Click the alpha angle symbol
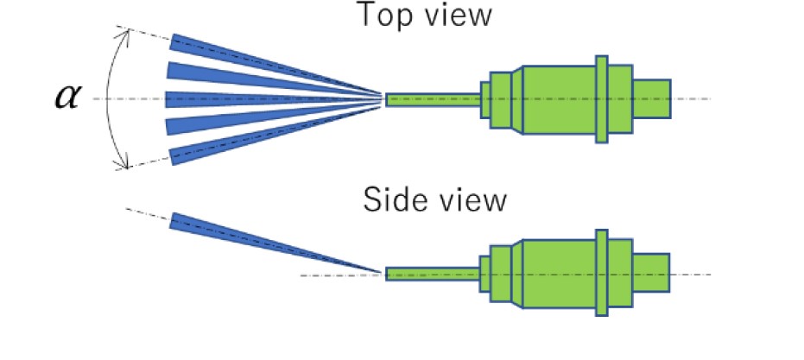tap(65, 97)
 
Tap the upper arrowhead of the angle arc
tap(128, 34)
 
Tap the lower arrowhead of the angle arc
tap(128, 163)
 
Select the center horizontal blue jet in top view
tap(225, 98)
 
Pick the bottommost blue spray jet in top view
tap(225, 146)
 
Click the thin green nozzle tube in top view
tap(432, 99)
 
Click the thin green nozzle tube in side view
tap(432, 275)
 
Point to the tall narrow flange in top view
tap(603, 98)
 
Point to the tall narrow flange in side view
tap(603, 275)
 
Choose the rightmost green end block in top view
tap(652, 98)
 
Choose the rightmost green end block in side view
tap(652, 275)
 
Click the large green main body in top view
tap(557, 98)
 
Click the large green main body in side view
tap(557, 275)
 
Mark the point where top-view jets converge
tap(382, 98)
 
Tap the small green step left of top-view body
tap(485, 99)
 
